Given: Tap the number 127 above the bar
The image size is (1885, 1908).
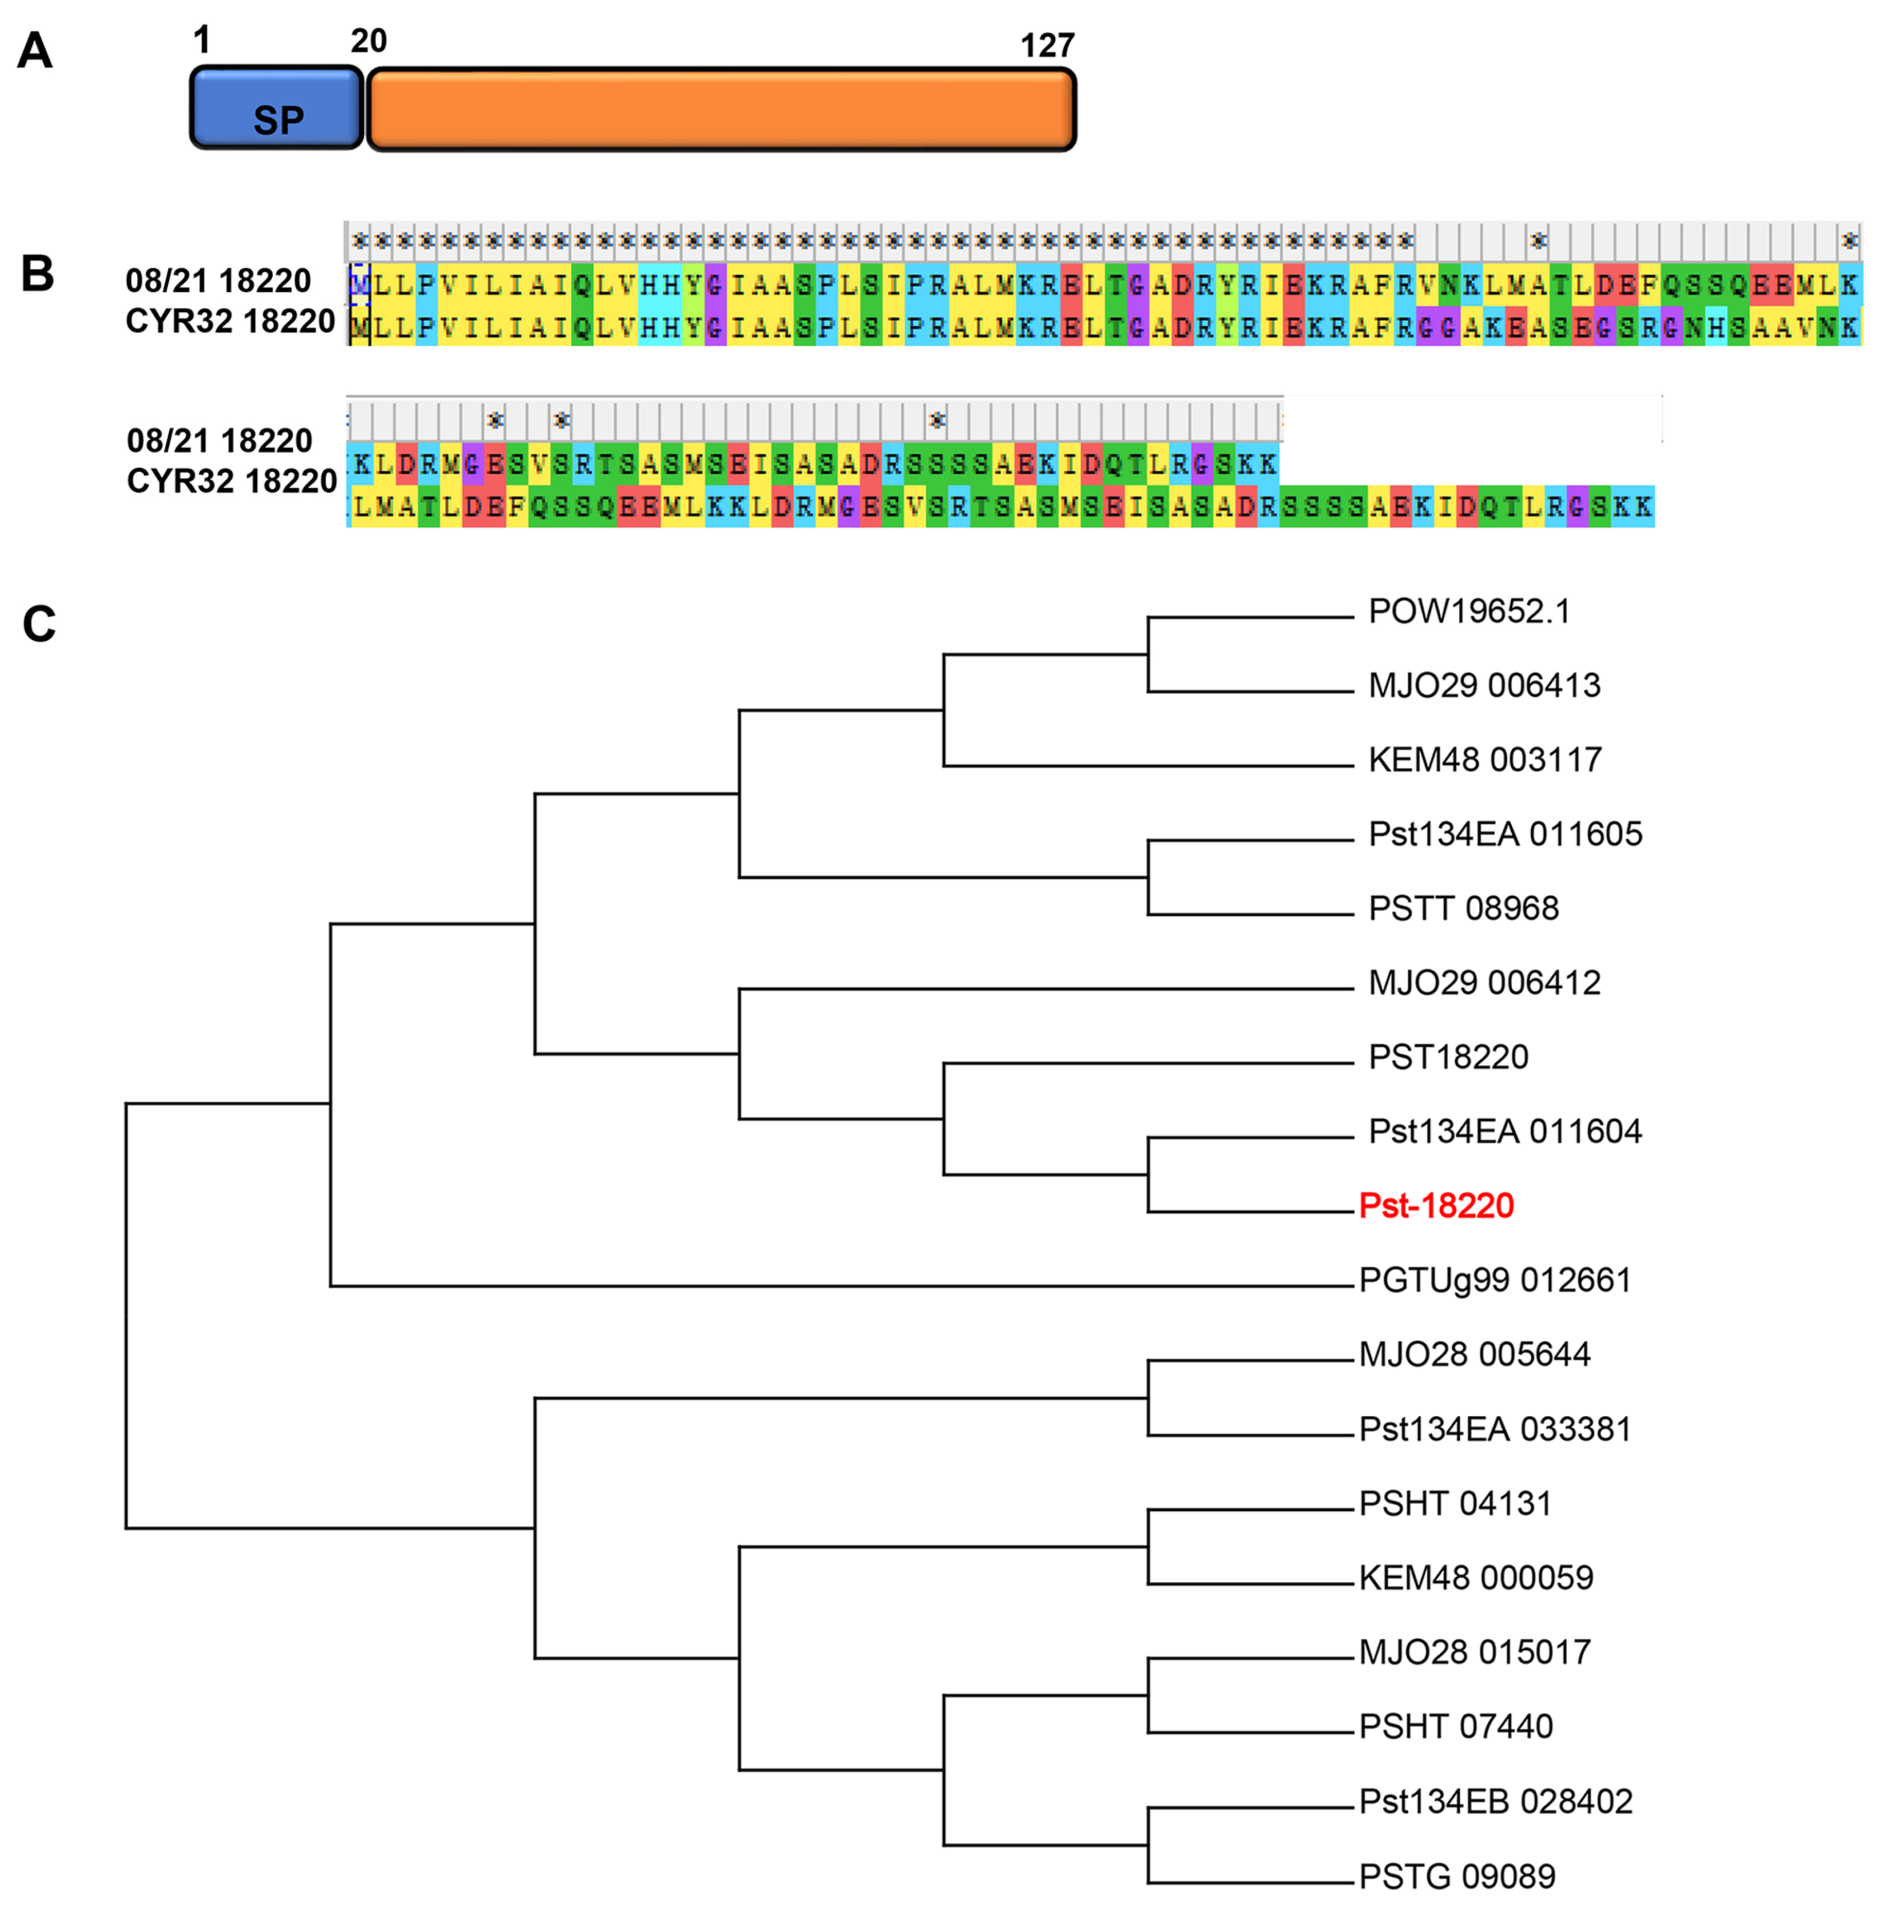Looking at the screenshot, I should pos(1046,45).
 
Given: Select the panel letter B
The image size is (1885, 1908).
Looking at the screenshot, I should pos(37,274).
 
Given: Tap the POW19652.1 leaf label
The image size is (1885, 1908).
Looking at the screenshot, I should pos(1468,611).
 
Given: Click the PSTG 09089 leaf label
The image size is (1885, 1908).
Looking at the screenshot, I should pos(1456,1876).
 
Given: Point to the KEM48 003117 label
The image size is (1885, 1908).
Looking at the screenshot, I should pos(1484,759).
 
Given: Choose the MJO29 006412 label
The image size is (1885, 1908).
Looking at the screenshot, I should pos(1484,983).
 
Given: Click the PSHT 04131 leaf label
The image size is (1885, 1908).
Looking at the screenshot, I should pos(1454,1503).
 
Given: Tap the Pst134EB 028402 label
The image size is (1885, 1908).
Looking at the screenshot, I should pos(1495,1801).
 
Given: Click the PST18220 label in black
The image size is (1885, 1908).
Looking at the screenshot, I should pos(1448,1057).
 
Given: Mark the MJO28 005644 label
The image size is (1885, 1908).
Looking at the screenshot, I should pos(1474,1354).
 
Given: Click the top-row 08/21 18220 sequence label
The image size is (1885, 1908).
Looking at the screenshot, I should pos(218,282).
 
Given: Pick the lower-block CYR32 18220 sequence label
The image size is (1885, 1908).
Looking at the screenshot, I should pos(232,481).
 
